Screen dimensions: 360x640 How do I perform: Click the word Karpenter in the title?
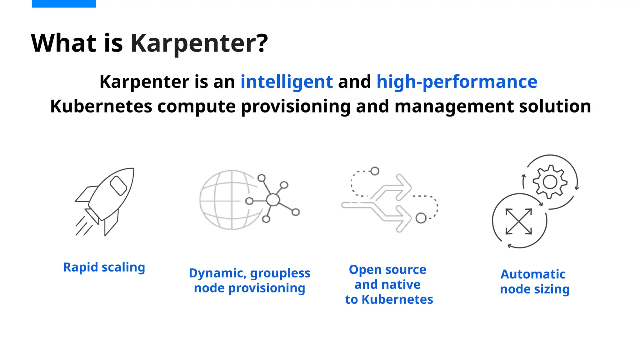[199, 43]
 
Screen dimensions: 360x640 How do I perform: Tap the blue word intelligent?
[287, 82]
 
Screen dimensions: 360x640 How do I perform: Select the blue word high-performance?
[457, 82]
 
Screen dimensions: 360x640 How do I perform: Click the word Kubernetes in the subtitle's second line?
[101, 106]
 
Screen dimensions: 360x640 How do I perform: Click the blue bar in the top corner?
[64, 3]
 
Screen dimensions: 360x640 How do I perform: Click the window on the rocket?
[118, 185]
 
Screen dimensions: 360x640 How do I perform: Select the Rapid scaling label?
[104, 267]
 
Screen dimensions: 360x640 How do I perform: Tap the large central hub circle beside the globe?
[273, 200]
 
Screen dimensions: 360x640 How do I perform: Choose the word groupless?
[280, 273]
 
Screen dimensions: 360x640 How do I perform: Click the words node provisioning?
[249, 288]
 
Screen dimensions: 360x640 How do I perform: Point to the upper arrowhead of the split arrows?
[404, 187]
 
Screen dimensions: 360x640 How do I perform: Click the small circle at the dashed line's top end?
[375, 171]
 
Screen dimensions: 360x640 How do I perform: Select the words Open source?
[387, 270]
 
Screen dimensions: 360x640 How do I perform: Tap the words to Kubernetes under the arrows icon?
[389, 300]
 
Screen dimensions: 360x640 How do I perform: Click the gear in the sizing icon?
[550, 182]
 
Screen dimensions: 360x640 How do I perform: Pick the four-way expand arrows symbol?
[519, 221]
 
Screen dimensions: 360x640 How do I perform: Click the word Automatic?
[533, 274]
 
